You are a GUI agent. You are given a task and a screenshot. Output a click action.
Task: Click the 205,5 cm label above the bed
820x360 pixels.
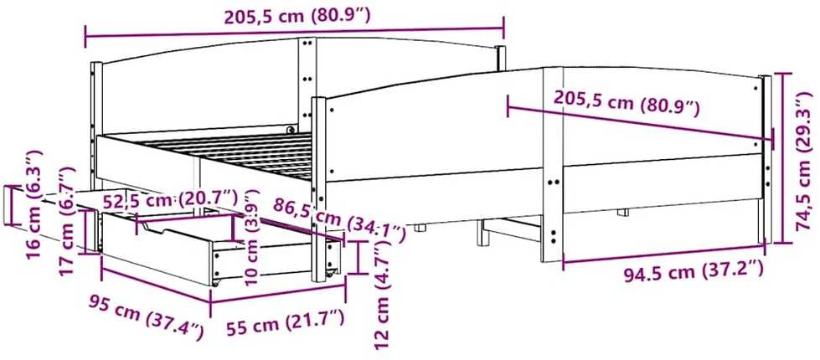tap(297, 16)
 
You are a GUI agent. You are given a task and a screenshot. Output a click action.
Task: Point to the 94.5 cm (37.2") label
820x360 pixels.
tap(694, 272)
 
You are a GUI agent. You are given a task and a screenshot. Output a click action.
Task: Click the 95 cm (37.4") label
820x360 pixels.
tap(145, 317)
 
